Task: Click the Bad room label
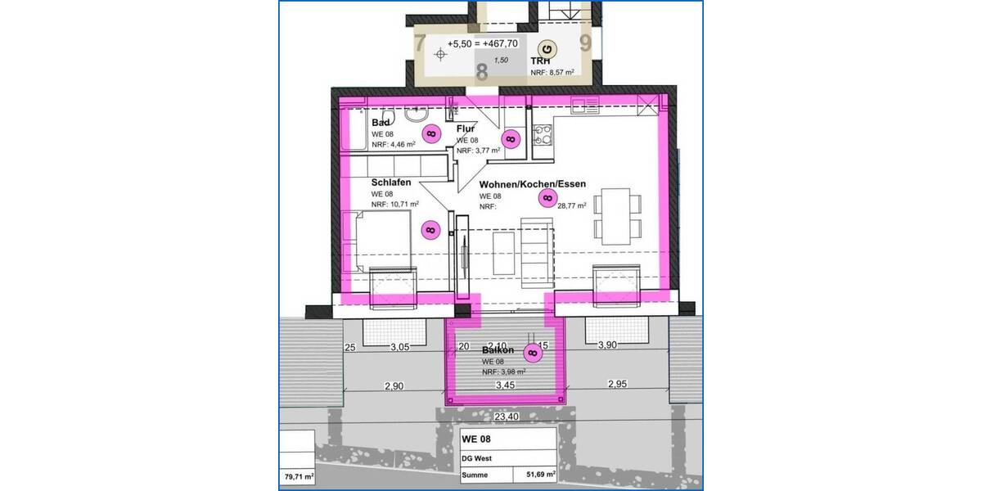coord(381,123)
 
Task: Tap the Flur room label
coord(466,128)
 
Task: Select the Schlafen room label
coord(391,182)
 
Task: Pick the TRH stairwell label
coord(540,61)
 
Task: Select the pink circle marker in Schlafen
coord(429,231)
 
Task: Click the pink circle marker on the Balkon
coord(533,354)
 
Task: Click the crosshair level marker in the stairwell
coord(442,55)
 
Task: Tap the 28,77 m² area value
coord(570,207)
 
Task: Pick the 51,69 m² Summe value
coord(540,474)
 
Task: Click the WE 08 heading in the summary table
coord(476,439)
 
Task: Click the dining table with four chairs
coord(616,216)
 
